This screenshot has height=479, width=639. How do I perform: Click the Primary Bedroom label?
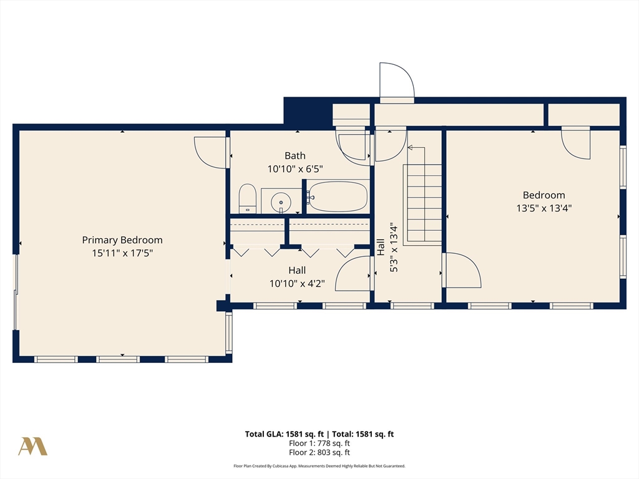coord(122,240)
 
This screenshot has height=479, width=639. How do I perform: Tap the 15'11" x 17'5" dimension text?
coord(122,253)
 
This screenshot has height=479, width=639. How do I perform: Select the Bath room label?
coord(295,155)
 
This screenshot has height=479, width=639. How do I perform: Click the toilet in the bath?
coord(247,199)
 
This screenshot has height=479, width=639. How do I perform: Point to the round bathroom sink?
coord(281,201)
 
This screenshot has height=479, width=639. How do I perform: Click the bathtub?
coord(338,196)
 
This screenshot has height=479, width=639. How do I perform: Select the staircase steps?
coord(422,205)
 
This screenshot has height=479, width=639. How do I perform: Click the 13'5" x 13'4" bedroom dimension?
coord(544,208)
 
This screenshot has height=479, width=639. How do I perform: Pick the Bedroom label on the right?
coord(544,195)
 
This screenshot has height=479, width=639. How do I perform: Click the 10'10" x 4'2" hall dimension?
coord(297,284)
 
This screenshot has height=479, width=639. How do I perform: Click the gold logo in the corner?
coord(32,447)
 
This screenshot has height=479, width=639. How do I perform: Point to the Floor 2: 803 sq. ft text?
coord(319,453)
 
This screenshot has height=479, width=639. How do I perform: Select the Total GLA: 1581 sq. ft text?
coord(285,434)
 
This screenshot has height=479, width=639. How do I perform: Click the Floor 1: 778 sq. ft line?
coord(319,443)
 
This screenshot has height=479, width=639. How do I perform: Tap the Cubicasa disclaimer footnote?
coord(319,466)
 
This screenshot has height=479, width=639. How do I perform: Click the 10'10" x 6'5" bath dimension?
coord(295,168)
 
